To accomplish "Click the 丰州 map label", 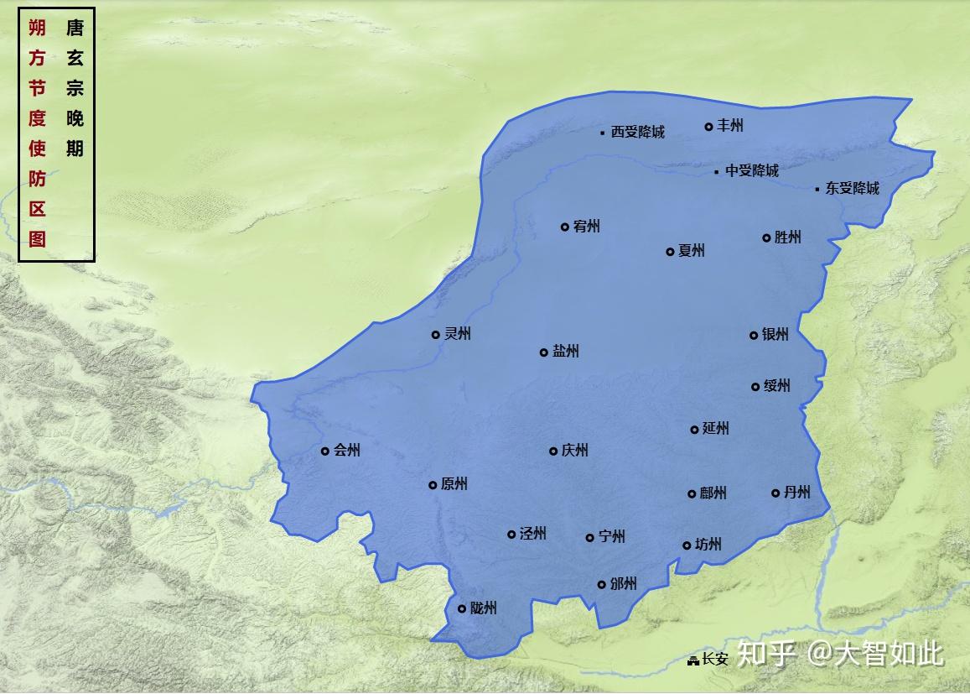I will pyautogui.click(x=730, y=126).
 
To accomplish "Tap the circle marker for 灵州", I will pyautogui.click(x=436, y=335).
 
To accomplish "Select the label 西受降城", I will pyautogui.click(x=637, y=132).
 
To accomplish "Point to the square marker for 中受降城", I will pyautogui.click(x=717, y=172).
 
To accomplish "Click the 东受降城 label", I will pyautogui.click(x=852, y=189).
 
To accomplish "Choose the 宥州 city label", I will pyautogui.click(x=587, y=227).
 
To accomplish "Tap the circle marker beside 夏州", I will pyautogui.click(x=670, y=252).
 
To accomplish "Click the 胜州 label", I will pyautogui.click(x=787, y=237).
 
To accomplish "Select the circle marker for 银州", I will pyautogui.click(x=754, y=336).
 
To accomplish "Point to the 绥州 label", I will pyautogui.click(x=776, y=386).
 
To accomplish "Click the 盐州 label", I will pyautogui.click(x=566, y=352).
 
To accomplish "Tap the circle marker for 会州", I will pyautogui.click(x=325, y=451).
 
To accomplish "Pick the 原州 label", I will pyautogui.click(x=454, y=484).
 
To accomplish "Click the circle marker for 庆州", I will pyautogui.click(x=553, y=451).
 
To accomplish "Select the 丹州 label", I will pyautogui.click(x=797, y=493).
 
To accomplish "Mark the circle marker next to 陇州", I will pyautogui.click(x=462, y=609).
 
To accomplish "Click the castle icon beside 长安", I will pyautogui.click(x=693, y=661).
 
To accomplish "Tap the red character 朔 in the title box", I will pyautogui.click(x=37, y=29).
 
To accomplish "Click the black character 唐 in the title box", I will pyautogui.click(x=75, y=29).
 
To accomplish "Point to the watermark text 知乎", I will pyautogui.click(x=765, y=653).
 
